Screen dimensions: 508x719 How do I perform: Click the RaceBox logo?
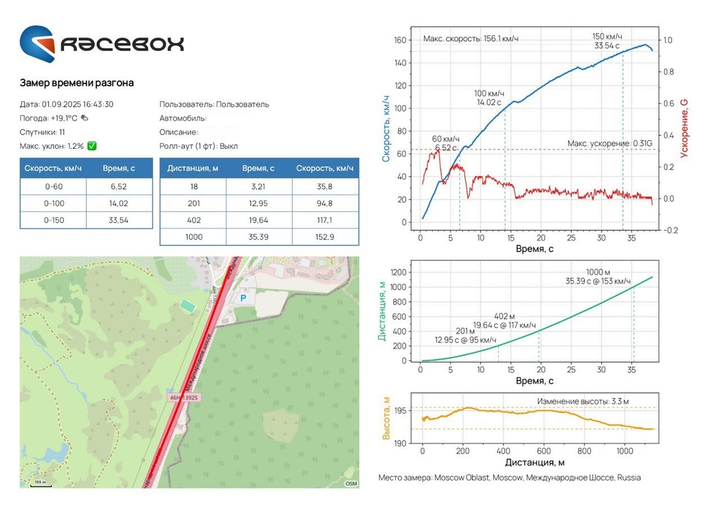pyautogui.click(x=101, y=44)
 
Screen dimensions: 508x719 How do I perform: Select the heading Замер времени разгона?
pyautogui.click(x=76, y=83)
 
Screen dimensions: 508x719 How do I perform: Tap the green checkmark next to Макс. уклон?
pyautogui.click(x=92, y=146)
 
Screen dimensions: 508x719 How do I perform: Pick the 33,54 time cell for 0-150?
pyautogui.click(x=119, y=219)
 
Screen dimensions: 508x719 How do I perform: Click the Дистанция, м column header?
pyautogui.click(x=193, y=168)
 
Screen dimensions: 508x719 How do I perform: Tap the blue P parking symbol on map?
pyautogui.click(x=242, y=296)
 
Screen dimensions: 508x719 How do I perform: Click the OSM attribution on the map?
pyautogui.click(x=351, y=484)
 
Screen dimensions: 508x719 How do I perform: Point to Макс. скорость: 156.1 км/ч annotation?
pyautogui.click(x=470, y=39)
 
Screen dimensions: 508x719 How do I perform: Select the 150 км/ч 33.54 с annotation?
pyautogui.click(x=608, y=41)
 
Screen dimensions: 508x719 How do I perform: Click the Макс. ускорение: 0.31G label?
pyautogui.click(x=608, y=144)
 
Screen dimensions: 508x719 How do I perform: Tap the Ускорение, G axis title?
pyautogui.click(x=684, y=128)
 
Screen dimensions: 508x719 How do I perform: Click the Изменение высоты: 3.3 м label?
pyautogui.click(x=587, y=401)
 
